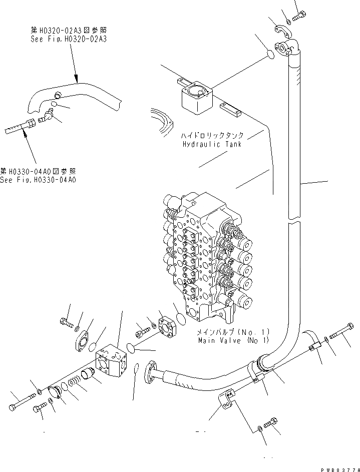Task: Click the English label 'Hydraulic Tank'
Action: point(212,144)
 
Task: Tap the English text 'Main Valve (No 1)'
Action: point(233,340)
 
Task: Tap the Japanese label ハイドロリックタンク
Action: point(213,136)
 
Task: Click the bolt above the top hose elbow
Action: point(299,17)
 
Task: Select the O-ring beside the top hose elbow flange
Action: point(269,54)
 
